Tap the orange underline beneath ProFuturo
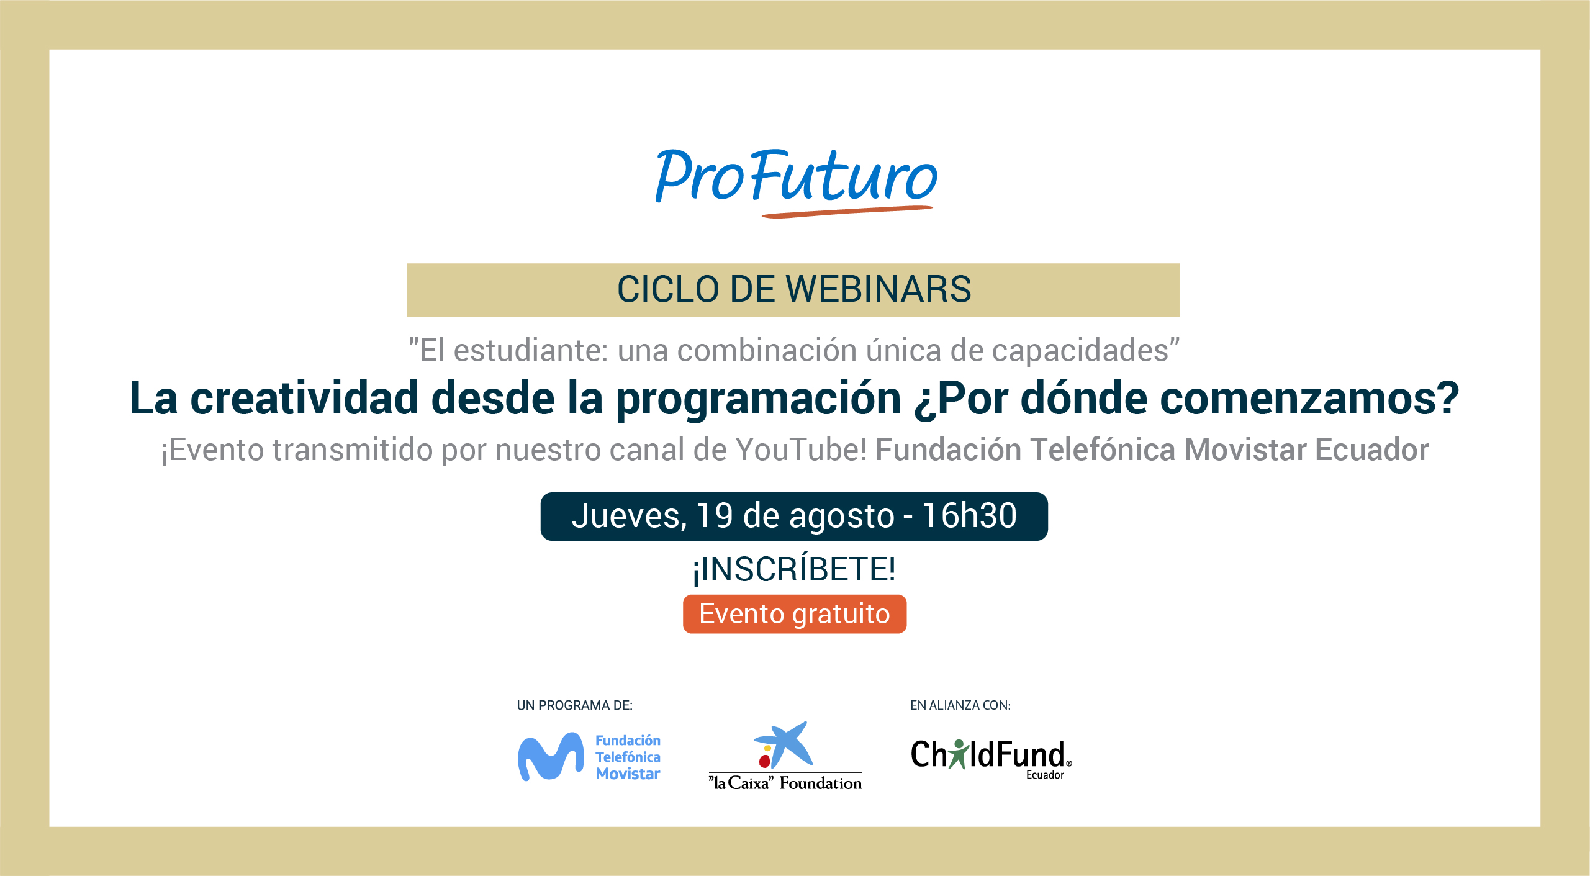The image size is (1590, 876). point(847,212)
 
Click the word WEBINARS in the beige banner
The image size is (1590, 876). point(878,289)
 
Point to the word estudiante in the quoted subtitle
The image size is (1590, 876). point(531,350)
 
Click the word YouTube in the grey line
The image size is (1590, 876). point(801,449)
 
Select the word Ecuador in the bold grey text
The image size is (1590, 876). point(1371,449)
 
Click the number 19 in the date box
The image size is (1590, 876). point(715,516)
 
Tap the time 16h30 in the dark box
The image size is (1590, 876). point(969,516)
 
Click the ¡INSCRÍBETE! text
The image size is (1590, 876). point(794,569)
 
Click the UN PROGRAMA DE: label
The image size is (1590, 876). point(574,705)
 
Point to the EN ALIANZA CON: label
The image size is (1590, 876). point(960,705)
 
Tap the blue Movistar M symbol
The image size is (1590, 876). point(551,757)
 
